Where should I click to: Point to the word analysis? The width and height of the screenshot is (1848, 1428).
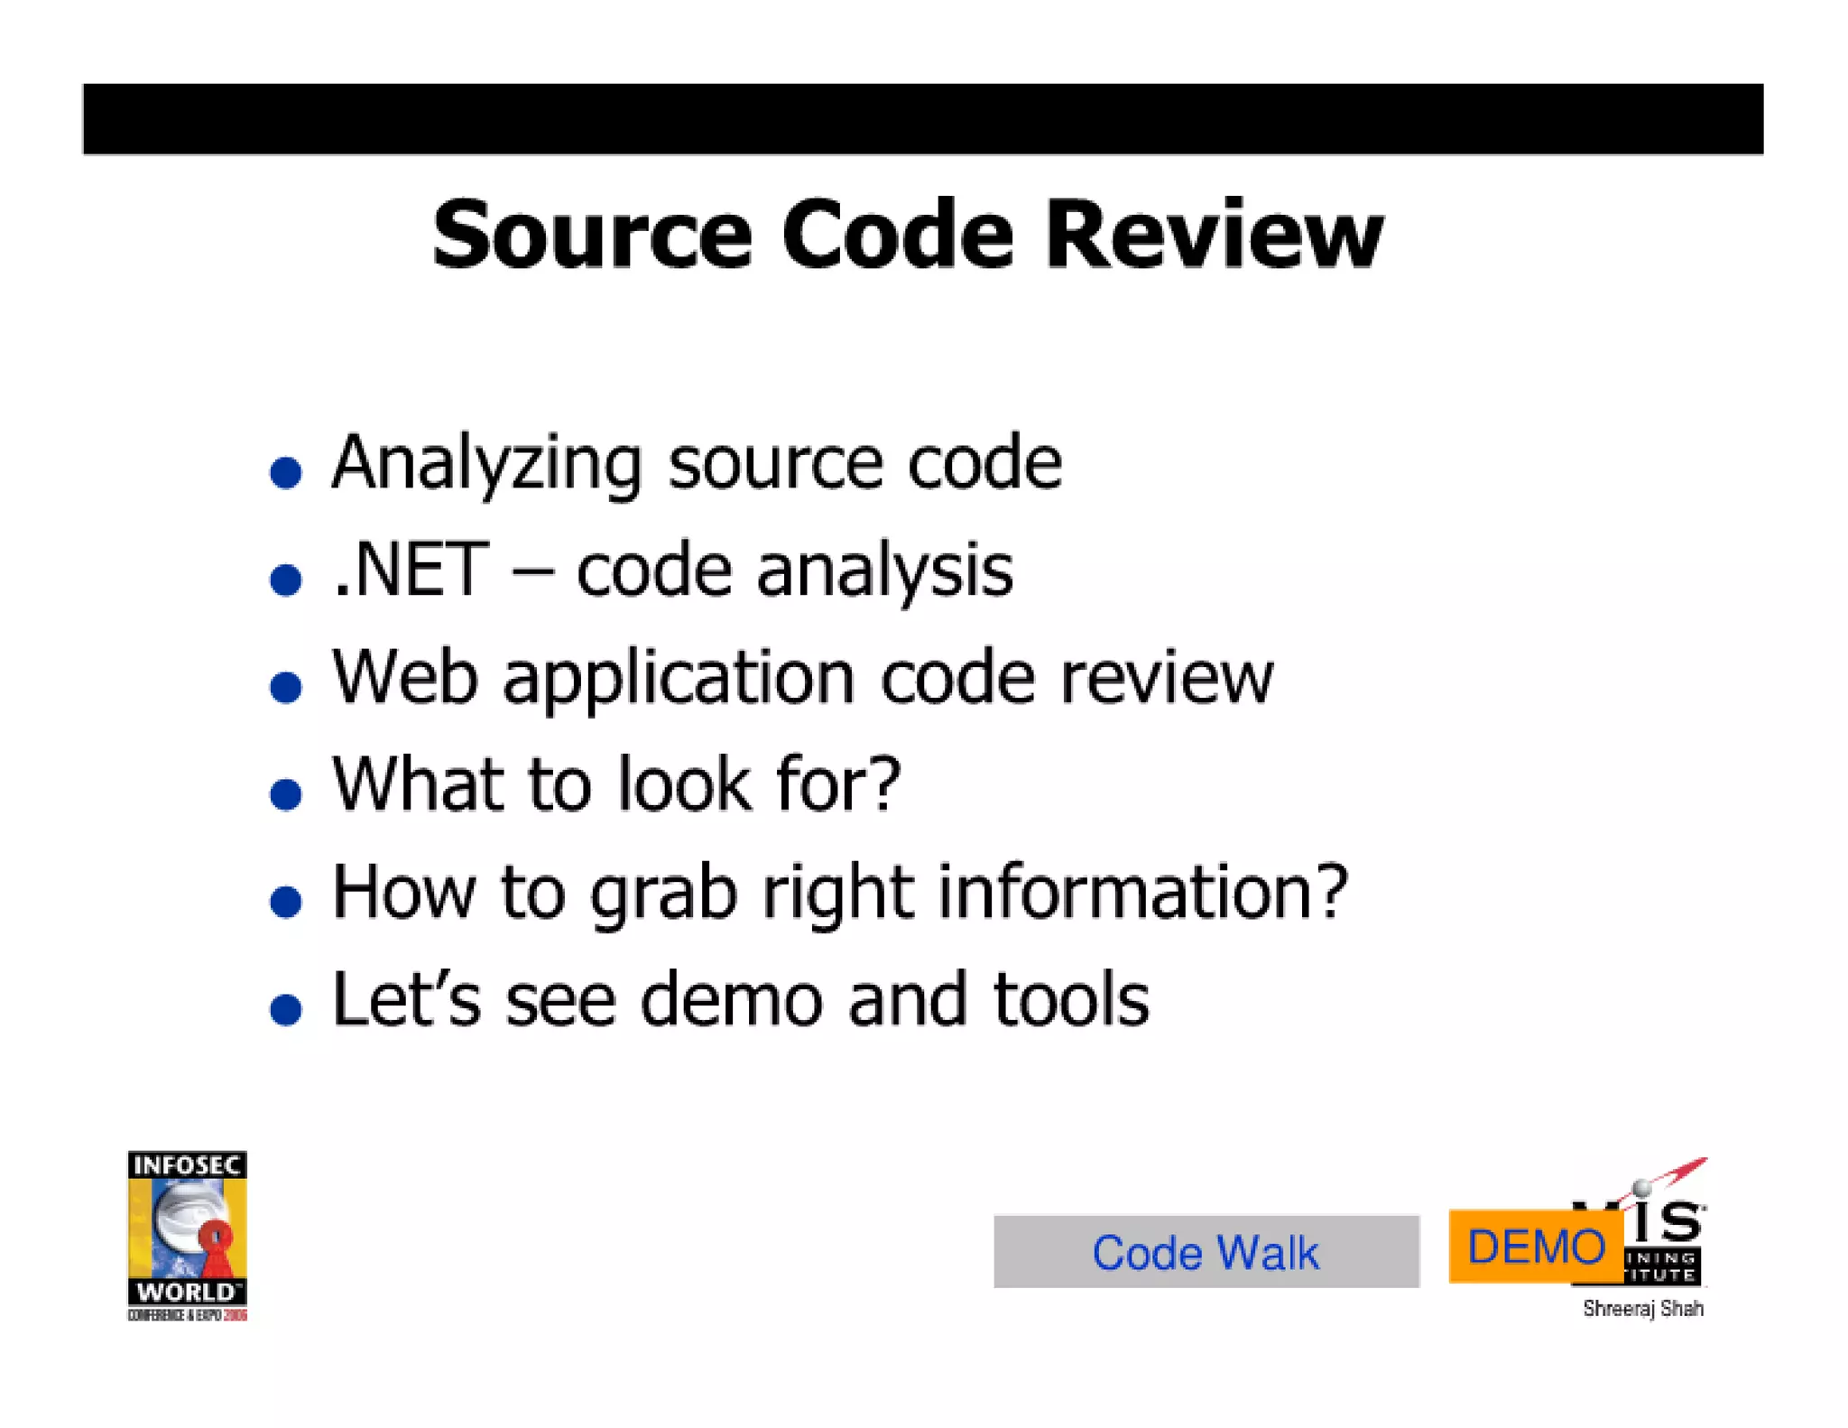point(884,572)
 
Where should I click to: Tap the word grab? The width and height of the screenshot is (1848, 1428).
point(663,894)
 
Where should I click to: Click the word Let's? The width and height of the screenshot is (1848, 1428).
point(406,999)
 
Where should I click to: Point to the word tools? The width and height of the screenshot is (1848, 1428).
point(1071,999)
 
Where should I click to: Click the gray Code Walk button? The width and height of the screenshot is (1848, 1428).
point(1206,1252)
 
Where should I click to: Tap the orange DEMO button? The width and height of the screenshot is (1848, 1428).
point(1535,1247)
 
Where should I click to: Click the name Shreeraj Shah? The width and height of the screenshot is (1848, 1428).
point(1642,1309)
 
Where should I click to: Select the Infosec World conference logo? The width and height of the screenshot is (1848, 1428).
point(187,1235)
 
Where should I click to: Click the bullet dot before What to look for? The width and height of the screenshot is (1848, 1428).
point(286,794)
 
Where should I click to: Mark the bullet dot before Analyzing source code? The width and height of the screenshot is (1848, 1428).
point(286,472)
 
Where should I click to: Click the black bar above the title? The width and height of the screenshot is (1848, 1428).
point(922,119)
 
